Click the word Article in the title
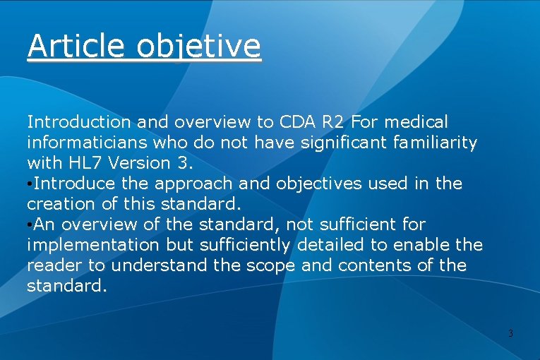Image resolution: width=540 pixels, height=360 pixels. click(x=75, y=47)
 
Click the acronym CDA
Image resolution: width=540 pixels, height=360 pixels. click(x=294, y=123)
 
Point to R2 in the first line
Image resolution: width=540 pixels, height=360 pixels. click(x=334, y=123)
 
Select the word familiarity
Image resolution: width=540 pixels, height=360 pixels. click(x=434, y=143)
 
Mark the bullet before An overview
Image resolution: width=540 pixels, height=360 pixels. click(x=30, y=225)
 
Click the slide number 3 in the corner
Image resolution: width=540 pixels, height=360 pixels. click(x=510, y=333)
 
